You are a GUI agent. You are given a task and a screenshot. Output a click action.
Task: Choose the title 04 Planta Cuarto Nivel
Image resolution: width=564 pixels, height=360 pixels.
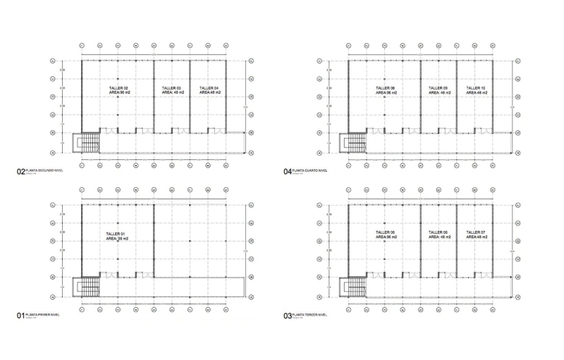click(x=305, y=170)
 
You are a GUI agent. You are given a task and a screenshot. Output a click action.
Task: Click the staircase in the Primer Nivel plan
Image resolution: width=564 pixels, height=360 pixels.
click(x=90, y=287)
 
